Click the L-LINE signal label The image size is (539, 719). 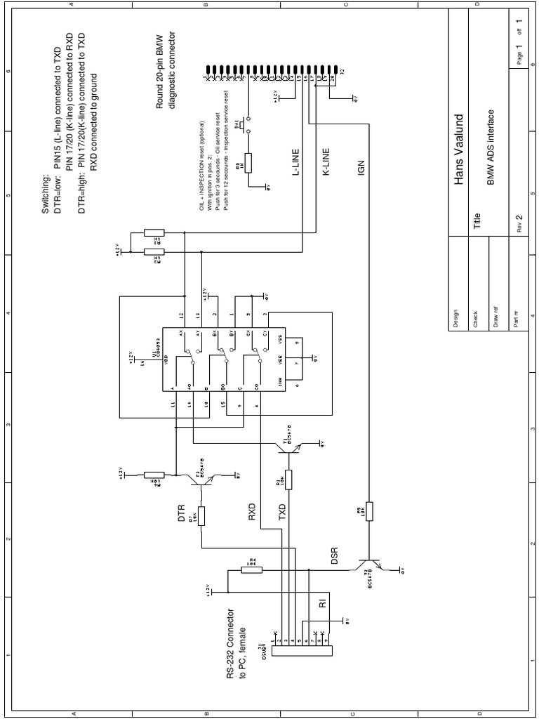click(298, 161)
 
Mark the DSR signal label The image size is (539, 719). click(335, 555)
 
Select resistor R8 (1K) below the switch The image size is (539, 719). click(247, 164)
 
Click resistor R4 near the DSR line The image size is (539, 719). click(252, 570)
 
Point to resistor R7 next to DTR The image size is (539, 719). click(201, 517)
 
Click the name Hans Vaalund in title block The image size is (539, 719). click(460, 148)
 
